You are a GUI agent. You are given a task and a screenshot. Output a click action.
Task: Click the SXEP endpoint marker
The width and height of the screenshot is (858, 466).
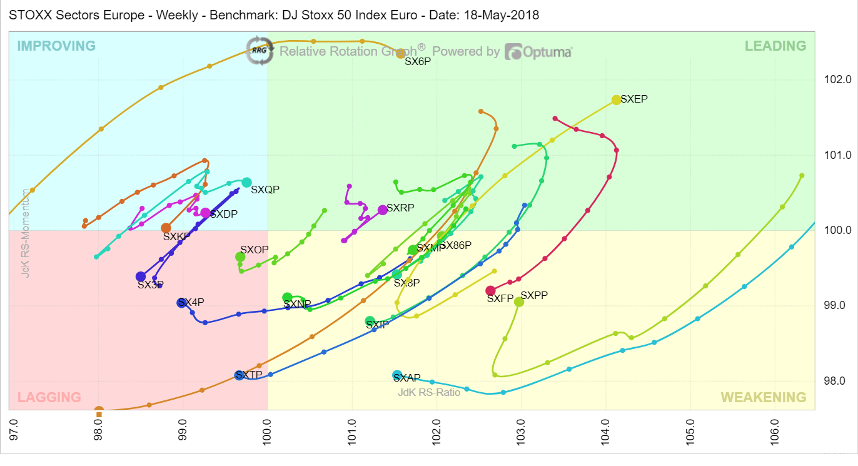(x=616, y=100)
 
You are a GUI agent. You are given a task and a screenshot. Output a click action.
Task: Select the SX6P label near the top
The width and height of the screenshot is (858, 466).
(x=418, y=62)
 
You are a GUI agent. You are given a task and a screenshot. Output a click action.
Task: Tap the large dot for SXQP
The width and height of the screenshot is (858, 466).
(x=246, y=183)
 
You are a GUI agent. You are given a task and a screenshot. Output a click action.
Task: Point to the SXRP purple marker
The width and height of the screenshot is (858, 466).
(x=383, y=210)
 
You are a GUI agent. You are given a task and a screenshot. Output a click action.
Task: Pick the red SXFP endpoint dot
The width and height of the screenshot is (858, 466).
(x=490, y=290)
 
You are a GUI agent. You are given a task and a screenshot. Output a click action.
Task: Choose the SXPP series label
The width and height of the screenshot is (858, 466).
(x=534, y=296)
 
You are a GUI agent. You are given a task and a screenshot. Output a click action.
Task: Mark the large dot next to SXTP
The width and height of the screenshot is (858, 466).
(x=239, y=375)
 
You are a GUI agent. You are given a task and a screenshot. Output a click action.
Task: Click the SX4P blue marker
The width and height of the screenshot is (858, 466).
(x=181, y=303)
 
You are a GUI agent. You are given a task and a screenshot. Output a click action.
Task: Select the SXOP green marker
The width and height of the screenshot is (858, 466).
(x=240, y=257)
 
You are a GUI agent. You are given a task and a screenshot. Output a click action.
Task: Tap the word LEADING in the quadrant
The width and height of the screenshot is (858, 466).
(x=775, y=46)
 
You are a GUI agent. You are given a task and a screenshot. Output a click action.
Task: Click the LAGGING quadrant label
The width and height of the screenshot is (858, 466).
(x=49, y=397)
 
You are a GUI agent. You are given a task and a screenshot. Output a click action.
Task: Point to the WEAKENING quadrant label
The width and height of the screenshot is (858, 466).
(x=764, y=397)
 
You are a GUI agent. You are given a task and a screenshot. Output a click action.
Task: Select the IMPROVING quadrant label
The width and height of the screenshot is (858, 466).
(x=56, y=46)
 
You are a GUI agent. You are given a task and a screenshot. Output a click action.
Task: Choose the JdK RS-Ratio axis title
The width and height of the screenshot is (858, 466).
(x=429, y=392)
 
